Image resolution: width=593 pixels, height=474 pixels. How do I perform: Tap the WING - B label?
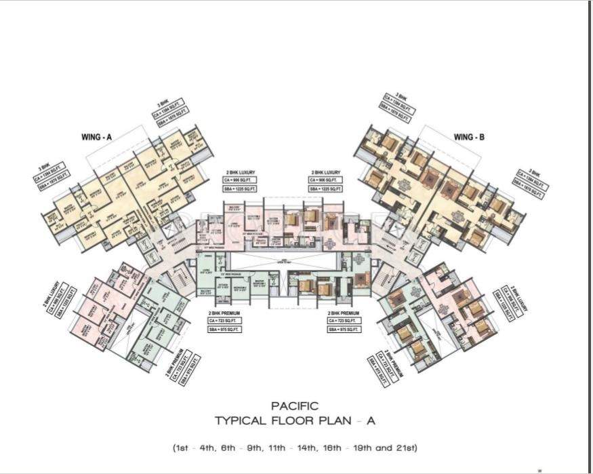pyautogui.click(x=469, y=137)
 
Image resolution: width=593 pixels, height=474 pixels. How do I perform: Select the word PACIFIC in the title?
pyautogui.click(x=294, y=406)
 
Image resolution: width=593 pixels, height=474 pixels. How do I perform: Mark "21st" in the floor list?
pyautogui.click(x=405, y=448)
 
